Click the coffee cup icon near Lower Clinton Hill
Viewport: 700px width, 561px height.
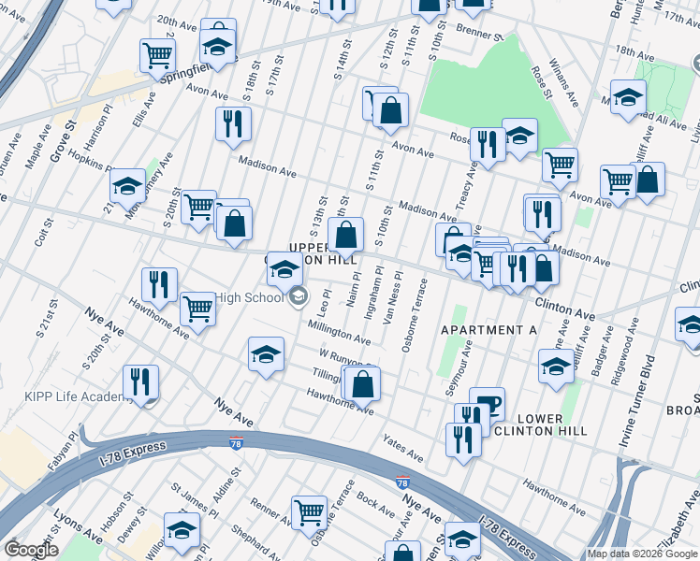point(487,404)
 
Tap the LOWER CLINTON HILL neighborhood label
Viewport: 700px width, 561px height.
point(540,424)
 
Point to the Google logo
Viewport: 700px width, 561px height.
point(31,550)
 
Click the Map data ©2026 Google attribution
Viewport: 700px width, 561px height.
point(642,554)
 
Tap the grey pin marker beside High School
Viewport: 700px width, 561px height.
point(299,297)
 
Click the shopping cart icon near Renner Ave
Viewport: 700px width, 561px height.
point(308,511)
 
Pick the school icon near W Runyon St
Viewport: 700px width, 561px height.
point(266,355)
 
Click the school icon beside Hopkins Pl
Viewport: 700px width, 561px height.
point(127,186)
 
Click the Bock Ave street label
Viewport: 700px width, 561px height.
point(376,505)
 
